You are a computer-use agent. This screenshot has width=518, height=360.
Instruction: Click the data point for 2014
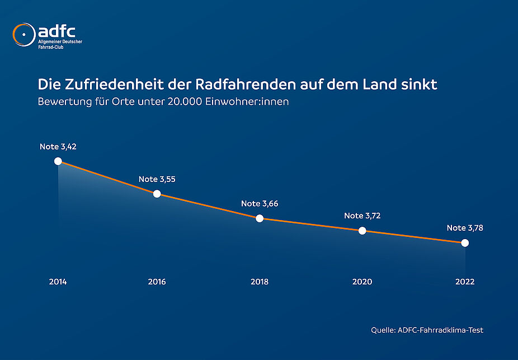58,161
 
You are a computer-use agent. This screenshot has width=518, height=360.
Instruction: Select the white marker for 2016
157,194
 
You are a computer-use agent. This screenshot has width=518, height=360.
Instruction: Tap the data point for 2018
260,218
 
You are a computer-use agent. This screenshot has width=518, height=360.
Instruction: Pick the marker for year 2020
362,231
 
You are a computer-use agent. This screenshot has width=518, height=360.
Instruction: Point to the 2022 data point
465,243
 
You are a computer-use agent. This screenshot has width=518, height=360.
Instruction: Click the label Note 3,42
58,147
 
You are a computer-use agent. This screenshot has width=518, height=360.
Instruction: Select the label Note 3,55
157,179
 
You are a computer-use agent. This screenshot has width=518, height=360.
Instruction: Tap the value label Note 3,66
260,204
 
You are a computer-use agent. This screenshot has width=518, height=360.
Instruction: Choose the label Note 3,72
362,216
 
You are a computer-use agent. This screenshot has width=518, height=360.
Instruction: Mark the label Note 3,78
465,228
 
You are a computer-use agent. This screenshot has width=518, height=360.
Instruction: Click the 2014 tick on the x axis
58,282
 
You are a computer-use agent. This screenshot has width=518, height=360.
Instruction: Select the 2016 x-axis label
157,282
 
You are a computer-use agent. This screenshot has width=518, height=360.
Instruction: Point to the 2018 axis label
260,282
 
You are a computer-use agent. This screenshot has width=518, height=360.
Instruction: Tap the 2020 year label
362,282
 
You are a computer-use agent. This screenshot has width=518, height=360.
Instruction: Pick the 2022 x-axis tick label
465,282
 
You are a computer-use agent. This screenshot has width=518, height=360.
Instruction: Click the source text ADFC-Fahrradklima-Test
440,330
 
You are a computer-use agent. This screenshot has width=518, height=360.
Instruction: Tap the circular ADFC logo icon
23,35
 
